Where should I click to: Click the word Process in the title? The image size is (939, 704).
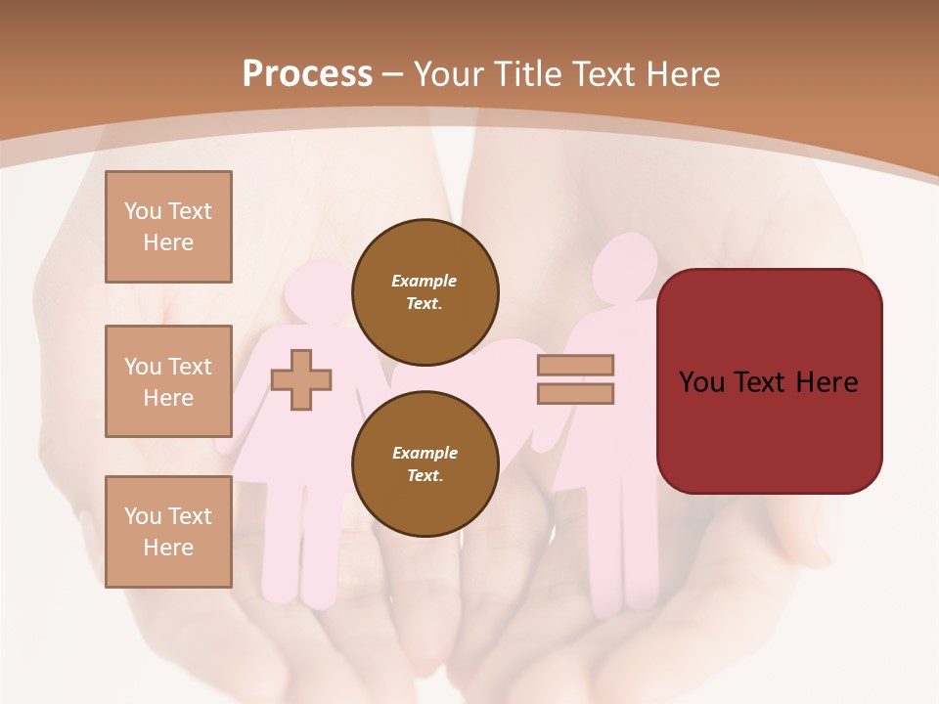point(307,74)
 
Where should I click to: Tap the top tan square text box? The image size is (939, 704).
point(168,227)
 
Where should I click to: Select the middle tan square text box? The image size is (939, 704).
point(168,381)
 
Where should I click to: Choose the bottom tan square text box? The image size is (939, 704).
point(168,532)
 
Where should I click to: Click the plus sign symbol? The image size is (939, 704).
point(301,380)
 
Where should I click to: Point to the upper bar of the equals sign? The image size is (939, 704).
point(575,366)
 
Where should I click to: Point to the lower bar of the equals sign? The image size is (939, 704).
point(575,394)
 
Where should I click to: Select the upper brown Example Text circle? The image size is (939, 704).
point(425,291)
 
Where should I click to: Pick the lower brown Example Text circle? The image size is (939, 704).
point(425,463)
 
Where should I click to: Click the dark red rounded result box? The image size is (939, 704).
point(769,381)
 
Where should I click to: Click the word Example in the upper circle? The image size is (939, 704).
point(425,281)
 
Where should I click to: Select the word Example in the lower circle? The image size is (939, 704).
point(425,453)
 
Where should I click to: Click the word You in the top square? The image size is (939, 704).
point(143,211)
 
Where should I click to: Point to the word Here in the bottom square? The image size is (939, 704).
point(168,548)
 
